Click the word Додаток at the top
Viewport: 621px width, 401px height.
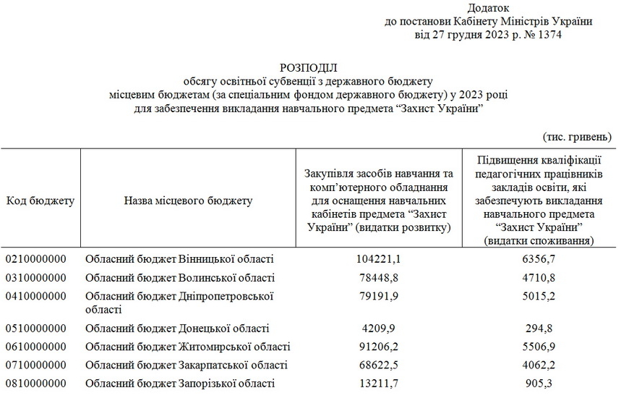488,8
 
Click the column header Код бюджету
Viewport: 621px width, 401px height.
40,200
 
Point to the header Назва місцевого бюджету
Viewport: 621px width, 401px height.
188,200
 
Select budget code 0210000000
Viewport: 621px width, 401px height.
36,258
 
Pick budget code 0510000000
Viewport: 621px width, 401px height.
36,328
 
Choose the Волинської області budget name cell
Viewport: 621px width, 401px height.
180,277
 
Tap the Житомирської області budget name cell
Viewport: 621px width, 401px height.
188,347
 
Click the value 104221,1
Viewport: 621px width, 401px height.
379,258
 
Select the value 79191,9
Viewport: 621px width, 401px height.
379,296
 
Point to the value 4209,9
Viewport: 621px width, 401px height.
379,328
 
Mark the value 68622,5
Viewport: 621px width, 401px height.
379,364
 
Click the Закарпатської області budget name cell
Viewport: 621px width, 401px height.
187,364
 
